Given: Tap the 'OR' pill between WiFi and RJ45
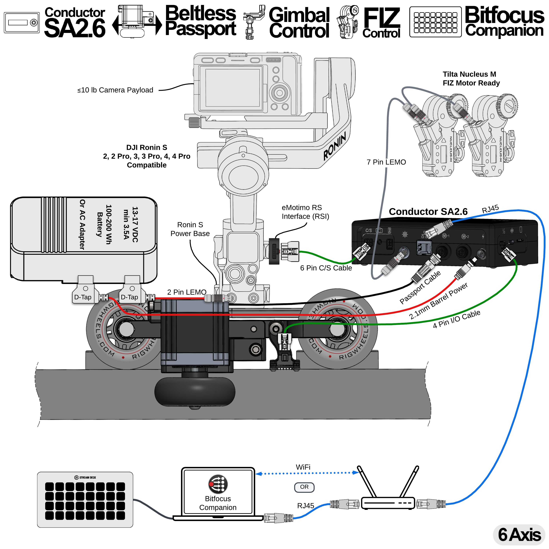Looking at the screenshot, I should [304, 487].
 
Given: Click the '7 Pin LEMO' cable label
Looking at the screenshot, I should [386, 162].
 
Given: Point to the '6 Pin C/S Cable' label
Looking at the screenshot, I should [326, 268].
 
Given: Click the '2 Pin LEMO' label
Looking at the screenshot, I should [187, 292].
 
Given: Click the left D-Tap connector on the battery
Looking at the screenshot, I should [83, 297].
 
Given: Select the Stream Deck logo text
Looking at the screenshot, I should [85, 477].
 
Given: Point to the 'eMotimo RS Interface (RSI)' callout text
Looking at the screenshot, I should [305, 212].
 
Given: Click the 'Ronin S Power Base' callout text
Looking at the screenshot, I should [190, 229].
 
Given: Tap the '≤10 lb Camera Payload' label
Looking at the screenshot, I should [115, 90].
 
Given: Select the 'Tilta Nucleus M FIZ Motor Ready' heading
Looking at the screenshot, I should [471, 79].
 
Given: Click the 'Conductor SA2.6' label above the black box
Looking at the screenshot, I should [428, 212].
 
